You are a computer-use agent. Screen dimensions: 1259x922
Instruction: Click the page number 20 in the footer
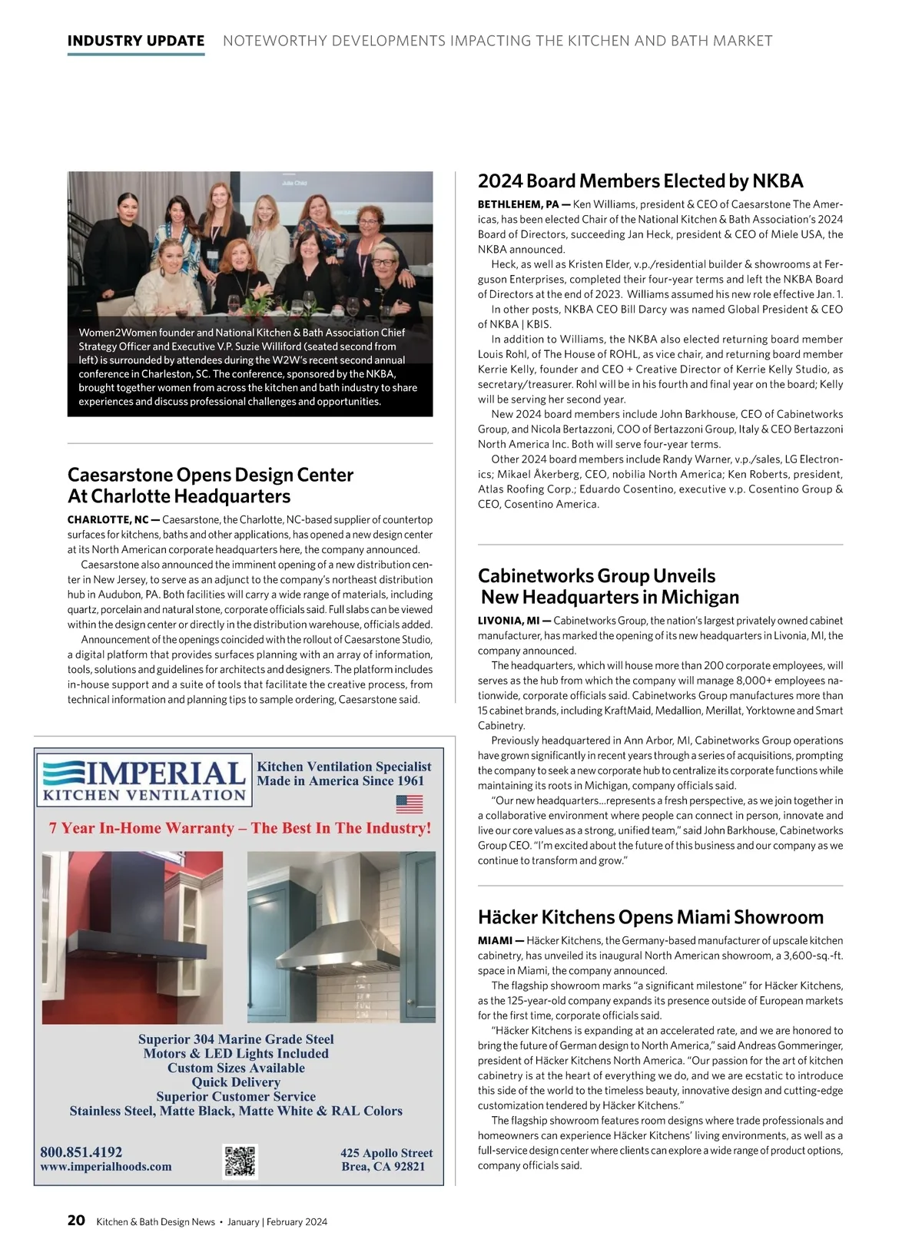[x=76, y=1220]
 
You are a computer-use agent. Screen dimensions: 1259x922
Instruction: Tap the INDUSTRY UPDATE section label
[x=136, y=41]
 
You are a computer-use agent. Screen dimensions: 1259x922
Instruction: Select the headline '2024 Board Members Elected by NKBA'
[x=640, y=181]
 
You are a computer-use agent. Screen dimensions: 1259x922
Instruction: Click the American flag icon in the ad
[x=410, y=804]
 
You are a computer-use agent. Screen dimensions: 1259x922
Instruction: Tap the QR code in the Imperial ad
[x=240, y=1161]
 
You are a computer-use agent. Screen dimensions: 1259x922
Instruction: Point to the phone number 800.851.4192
[x=81, y=1152]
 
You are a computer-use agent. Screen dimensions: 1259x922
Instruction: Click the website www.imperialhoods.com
[x=106, y=1167]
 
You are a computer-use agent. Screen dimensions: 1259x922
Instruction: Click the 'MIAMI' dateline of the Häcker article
[x=495, y=941]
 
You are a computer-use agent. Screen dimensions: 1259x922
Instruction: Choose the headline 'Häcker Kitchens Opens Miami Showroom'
[x=650, y=917]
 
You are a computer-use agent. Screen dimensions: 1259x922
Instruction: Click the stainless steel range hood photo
[x=341, y=936]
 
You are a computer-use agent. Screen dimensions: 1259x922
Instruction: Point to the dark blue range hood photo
[x=132, y=936]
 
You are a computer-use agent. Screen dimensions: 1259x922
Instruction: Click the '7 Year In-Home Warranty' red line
[x=240, y=828]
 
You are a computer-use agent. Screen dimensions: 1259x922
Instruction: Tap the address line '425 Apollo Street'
[x=386, y=1153]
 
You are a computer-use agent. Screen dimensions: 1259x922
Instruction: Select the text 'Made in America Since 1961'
[x=340, y=780]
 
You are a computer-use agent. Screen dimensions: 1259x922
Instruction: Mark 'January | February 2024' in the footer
[x=277, y=1221]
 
